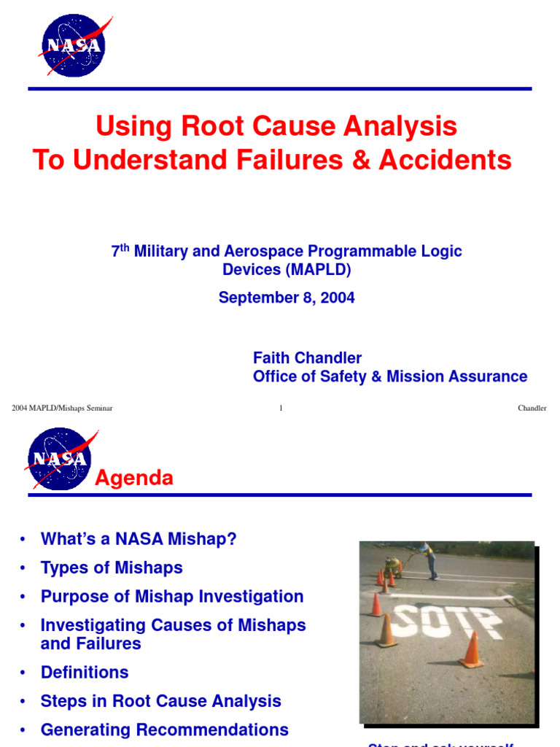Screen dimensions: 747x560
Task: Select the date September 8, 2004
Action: (x=287, y=298)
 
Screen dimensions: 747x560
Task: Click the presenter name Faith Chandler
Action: (x=307, y=357)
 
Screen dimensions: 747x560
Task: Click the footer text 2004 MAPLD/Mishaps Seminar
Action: (x=62, y=408)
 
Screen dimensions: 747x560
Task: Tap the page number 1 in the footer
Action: (x=281, y=408)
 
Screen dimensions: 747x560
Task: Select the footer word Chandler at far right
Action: (x=532, y=408)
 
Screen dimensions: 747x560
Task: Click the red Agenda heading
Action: (x=135, y=478)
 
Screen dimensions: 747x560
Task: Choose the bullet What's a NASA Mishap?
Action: (x=139, y=539)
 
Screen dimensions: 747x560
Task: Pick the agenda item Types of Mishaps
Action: (x=112, y=568)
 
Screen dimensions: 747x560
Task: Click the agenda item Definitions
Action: (x=85, y=672)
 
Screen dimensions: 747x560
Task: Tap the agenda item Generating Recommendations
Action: (x=165, y=729)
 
